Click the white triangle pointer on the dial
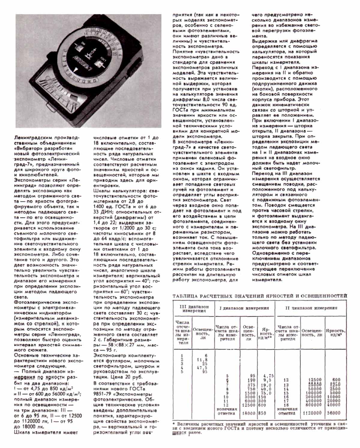[76, 70]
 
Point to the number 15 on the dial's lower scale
[94, 80]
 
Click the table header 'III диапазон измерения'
[194, 309]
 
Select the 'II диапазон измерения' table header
[311, 308]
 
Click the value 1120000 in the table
[312, 413]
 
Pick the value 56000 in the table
[334, 413]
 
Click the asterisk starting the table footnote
[174, 424]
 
